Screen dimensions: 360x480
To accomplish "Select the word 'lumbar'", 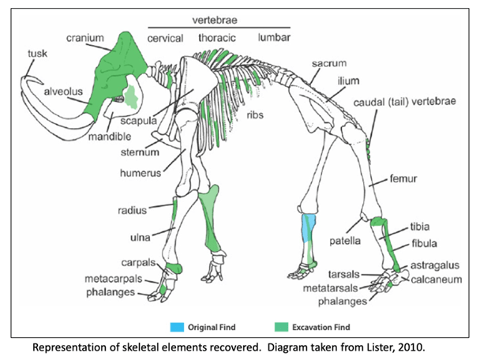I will [273, 38].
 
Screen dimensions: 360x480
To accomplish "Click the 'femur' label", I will [403, 179].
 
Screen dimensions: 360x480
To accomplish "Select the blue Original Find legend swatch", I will [177, 325].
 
